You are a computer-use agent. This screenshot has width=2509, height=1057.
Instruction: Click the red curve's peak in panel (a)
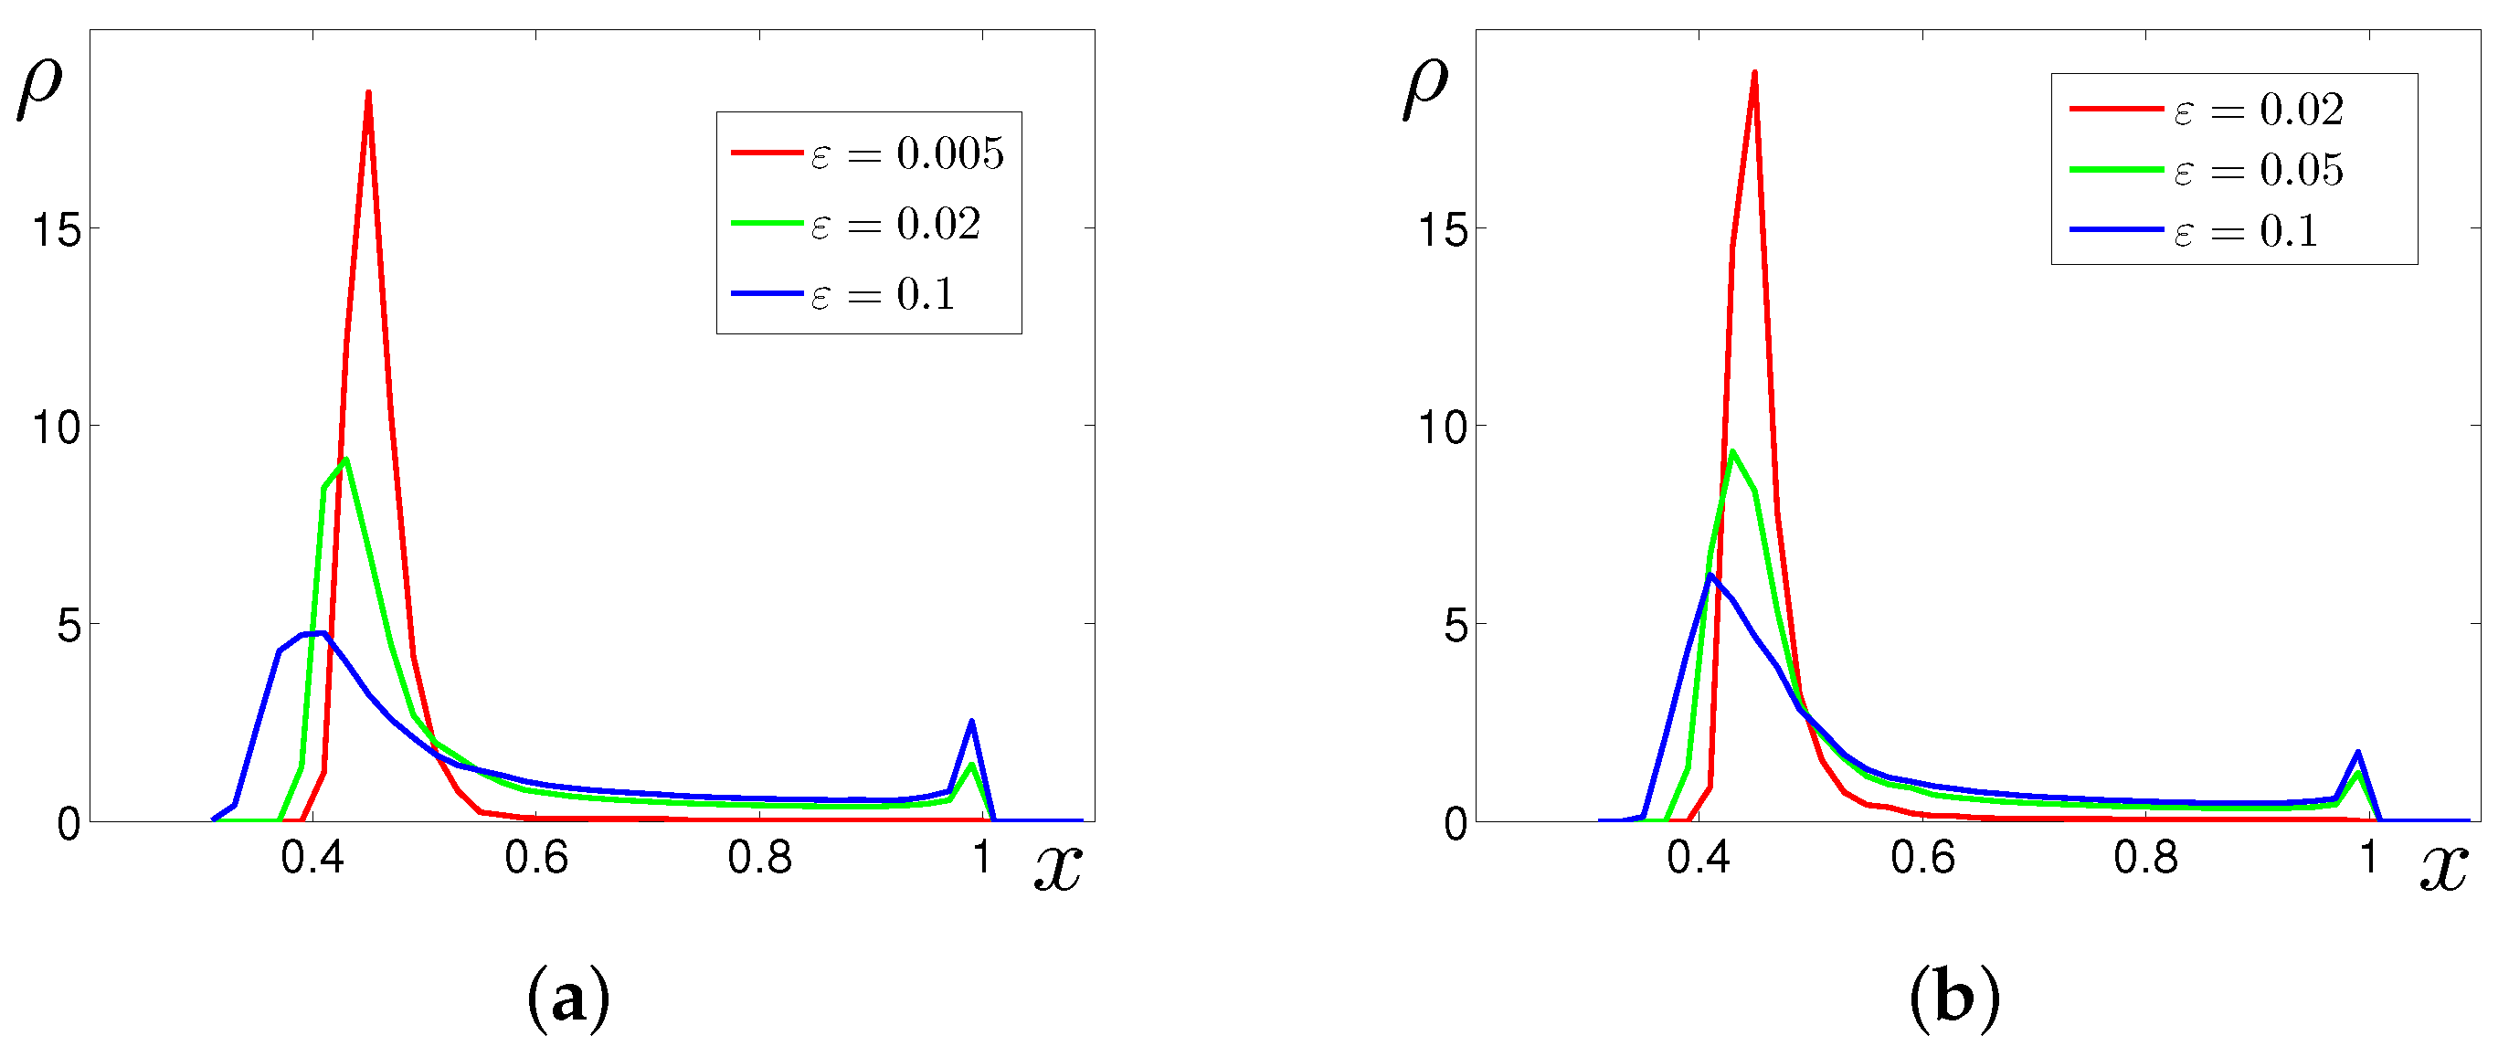pyautogui.click(x=368, y=93)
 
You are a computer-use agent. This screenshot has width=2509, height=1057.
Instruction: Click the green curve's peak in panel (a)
pyautogui.click(x=345, y=460)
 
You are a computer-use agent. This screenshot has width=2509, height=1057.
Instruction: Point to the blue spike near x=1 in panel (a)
pyautogui.click(x=971, y=722)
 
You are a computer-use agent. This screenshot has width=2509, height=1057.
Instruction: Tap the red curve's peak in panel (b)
pyautogui.click(x=1754, y=73)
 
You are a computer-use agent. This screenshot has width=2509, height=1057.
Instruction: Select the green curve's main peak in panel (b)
pyautogui.click(x=1731, y=451)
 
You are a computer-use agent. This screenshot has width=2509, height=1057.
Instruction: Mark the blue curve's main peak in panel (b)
pyautogui.click(x=1710, y=575)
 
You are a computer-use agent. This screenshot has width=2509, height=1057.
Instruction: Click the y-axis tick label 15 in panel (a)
pyautogui.click(x=57, y=231)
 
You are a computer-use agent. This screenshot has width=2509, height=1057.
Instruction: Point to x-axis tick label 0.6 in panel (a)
pyautogui.click(x=535, y=857)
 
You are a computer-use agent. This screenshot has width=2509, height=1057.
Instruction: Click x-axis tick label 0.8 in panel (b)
pyautogui.click(x=2144, y=857)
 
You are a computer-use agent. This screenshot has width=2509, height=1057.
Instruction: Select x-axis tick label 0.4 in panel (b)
pyautogui.click(x=1698, y=857)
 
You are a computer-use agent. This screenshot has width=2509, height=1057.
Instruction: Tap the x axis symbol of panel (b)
pyautogui.click(x=2444, y=867)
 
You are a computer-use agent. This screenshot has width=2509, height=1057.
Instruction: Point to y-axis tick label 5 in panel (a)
pyautogui.click(x=69, y=626)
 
